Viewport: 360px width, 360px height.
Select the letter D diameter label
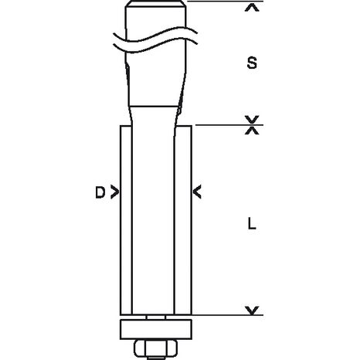coord(100,191)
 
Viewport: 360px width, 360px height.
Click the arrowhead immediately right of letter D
coord(115,191)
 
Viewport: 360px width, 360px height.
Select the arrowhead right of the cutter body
coord(198,191)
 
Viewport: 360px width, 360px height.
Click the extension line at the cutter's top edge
coord(224,125)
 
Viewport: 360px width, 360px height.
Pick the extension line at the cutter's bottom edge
coord(224,315)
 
